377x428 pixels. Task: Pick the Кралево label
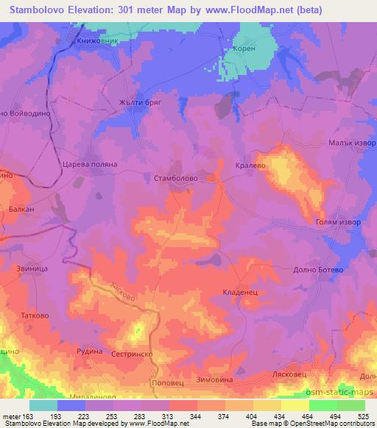pyautogui.click(x=250, y=166)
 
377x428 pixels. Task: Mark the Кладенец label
pyautogui.click(x=239, y=293)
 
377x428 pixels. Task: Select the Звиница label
pyautogui.click(x=29, y=270)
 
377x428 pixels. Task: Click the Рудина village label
pyautogui.click(x=88, y=352)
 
